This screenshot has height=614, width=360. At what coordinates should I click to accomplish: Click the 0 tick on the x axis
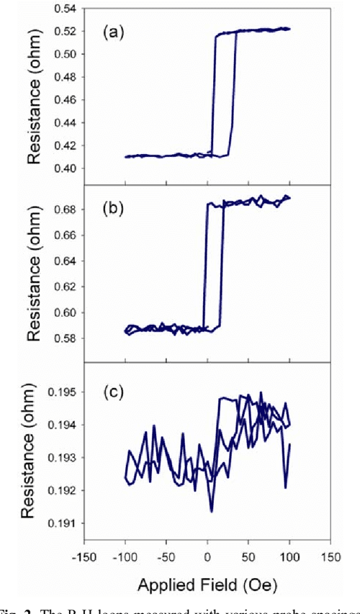coord(207,558)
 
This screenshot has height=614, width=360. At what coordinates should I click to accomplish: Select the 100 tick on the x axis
coord(289,558)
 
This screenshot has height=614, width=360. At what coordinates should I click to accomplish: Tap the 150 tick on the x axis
coord(330,558)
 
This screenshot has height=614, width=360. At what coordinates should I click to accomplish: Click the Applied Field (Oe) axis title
coord(207,580)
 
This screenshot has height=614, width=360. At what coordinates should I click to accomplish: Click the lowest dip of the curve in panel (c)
coord(212,512)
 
